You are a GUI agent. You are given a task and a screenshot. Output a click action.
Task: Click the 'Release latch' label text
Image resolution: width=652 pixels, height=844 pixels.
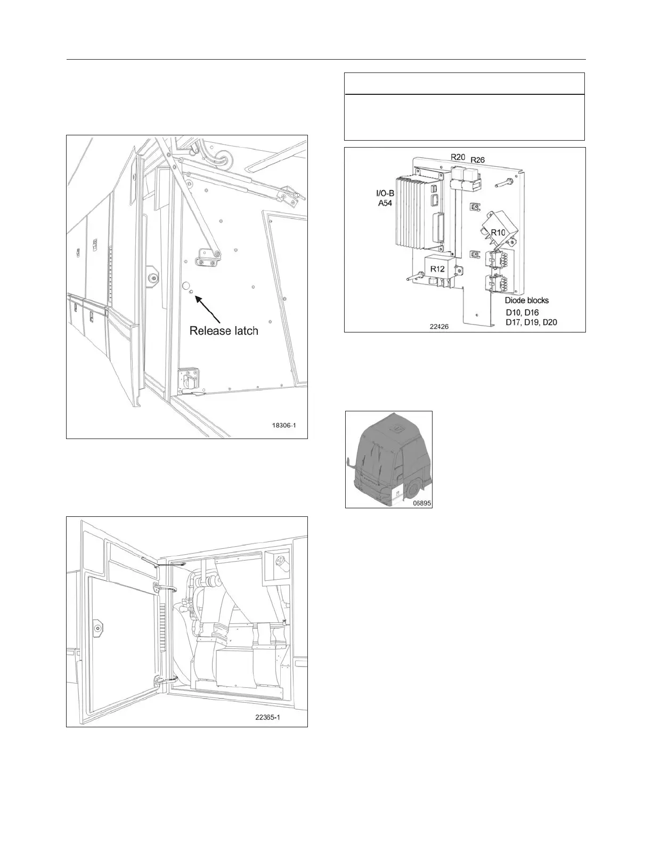224,331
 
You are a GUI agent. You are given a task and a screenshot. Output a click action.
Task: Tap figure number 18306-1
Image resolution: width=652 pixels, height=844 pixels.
283,426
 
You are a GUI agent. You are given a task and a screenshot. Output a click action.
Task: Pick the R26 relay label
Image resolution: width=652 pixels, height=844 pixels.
477,160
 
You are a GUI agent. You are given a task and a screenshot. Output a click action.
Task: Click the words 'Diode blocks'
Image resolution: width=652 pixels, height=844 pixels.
526,301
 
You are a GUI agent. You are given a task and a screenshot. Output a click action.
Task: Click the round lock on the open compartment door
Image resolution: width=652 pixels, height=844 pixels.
97,628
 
